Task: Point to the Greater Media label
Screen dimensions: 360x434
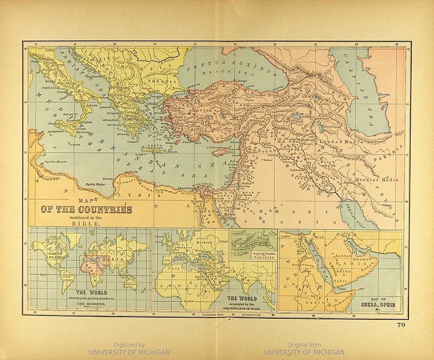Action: click(377, 179)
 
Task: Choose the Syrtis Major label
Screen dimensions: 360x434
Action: click(96, 185)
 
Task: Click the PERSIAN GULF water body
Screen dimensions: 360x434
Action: click(356, 212)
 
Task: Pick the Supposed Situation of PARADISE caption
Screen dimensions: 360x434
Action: click(254, 256)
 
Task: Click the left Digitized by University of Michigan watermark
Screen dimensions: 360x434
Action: click(129, 348)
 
